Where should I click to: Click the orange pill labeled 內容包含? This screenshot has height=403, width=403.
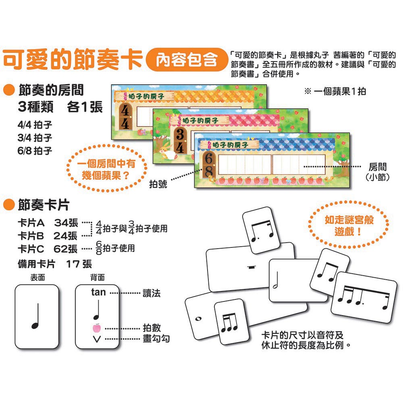187,60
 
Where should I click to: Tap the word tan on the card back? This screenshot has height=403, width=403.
98,292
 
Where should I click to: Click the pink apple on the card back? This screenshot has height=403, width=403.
97,328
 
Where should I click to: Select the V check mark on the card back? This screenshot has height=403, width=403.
97,339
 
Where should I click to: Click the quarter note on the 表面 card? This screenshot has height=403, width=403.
36,316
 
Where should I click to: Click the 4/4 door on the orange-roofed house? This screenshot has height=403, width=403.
125,117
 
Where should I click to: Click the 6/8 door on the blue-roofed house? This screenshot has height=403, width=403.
209,165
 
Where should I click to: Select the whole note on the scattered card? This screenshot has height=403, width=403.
198,319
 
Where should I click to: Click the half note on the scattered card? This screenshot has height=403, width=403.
276,280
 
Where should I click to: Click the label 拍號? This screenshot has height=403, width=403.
158,184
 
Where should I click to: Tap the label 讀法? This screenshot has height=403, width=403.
152,293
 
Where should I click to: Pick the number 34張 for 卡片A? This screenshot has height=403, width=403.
66,223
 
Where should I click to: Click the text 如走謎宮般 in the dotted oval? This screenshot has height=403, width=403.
349,220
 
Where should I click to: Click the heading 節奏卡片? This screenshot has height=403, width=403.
44,205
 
